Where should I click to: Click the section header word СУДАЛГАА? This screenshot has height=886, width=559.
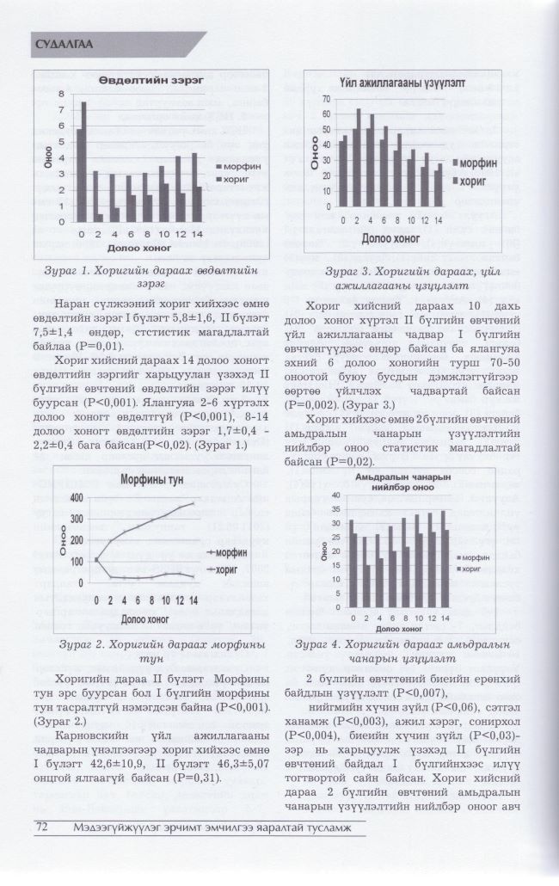[x=65, y=44]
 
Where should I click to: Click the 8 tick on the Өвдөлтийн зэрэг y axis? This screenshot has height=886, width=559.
[x=61, y=94]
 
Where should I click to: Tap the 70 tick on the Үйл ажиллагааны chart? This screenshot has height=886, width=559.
[x=327, y=100]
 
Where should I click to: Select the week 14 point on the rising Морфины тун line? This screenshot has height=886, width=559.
[x=193, y=503]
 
